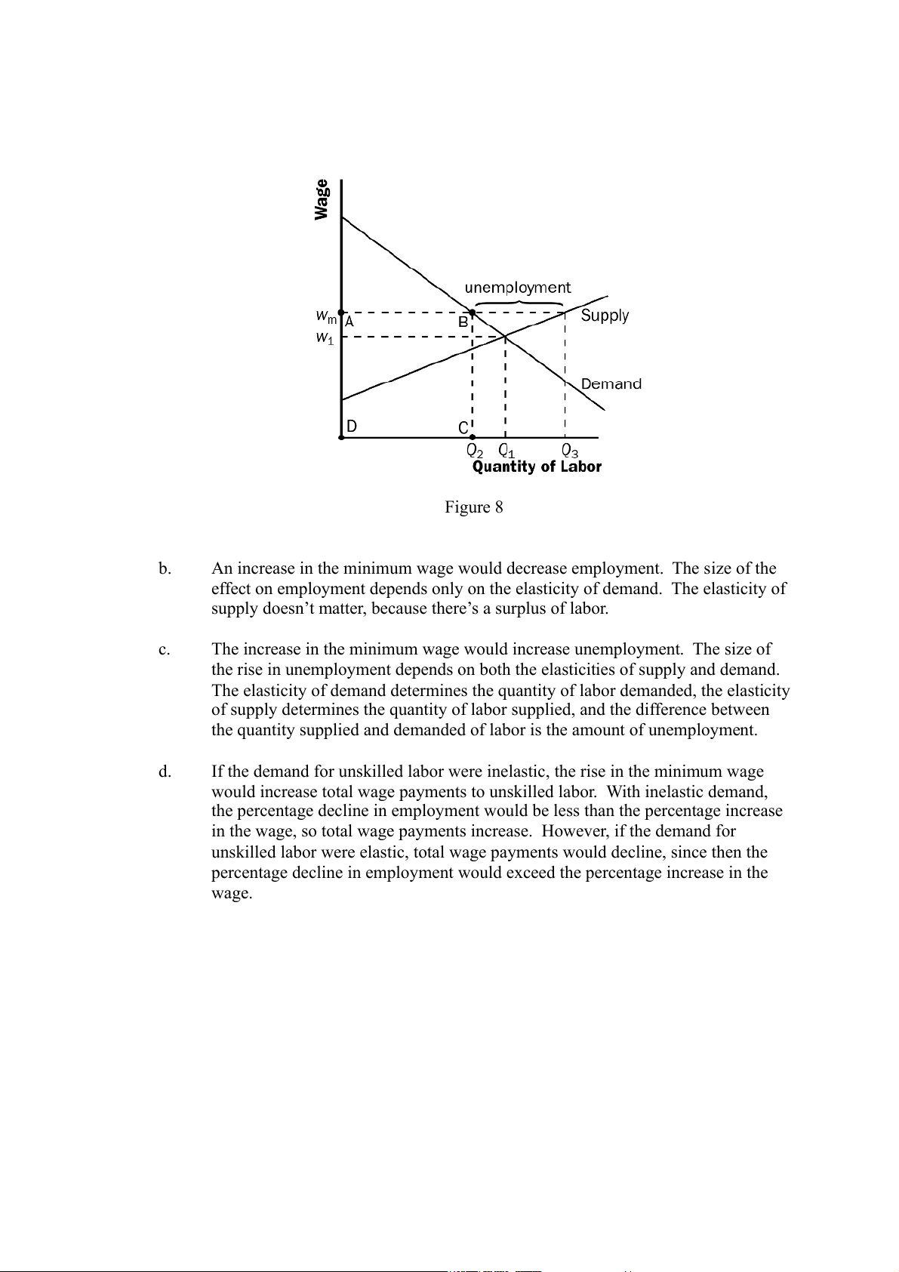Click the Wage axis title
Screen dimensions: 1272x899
click(322, 199)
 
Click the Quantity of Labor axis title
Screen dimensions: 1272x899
click(537, 467)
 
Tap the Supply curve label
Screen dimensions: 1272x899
click(605, 316)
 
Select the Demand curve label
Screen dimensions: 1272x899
click(611, 383)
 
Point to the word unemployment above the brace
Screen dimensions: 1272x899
click(517, 288)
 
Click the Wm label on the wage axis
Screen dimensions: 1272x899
click(326, 315)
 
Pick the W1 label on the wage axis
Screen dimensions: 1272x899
click(325, 338)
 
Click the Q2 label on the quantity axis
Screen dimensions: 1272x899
click(474, 451)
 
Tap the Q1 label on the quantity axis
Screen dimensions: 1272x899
click(506, 451)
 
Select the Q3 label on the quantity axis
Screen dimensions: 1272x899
click(570, 451)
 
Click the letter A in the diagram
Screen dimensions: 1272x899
click(349, 322)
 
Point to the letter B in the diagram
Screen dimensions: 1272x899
click(463, 322)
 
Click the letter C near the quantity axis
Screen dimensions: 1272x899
click(463, 428)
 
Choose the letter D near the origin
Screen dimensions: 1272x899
click(352, 427)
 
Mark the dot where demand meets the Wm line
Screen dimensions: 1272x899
click(473, 312)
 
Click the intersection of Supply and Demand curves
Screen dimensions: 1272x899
click(505, 336)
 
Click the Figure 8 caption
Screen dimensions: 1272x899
click(473, 507)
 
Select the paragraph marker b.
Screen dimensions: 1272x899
click(165, 569)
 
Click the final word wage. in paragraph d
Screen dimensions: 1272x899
click(231, 894)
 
